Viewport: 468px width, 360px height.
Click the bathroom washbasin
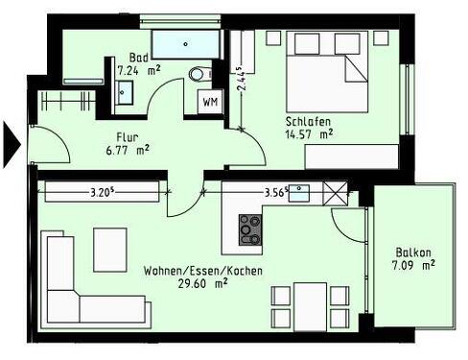[x=126, y=90]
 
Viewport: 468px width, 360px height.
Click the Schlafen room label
[x=308, y=121]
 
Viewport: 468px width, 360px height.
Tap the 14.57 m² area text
[x=309, y=135]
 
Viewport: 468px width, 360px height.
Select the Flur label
[x=130, y=136]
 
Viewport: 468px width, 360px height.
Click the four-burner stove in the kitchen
[x=250, y=228]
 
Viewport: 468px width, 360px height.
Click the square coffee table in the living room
[x=108, y=249]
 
